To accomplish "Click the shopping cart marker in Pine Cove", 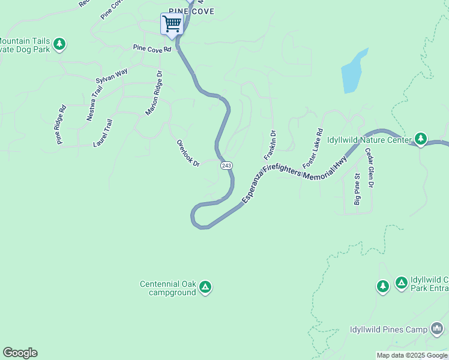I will (172, 25).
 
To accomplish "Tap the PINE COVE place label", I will (191, 11).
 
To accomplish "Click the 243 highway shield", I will (226, 165).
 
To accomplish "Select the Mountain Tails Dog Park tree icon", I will (59, 43).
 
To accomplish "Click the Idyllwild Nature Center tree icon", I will (421, 139).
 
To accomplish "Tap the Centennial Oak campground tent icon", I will (205, 287).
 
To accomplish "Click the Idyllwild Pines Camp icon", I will (436, 329).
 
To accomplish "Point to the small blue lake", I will (354, 72).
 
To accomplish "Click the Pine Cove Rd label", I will (152, 47).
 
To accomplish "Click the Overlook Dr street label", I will (188, 153).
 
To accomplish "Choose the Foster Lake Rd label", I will (313, 148).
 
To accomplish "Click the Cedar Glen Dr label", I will (369, 169).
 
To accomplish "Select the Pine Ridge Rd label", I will (61, 125).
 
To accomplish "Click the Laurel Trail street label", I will (103, 133).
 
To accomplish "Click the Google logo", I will (20, 353).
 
